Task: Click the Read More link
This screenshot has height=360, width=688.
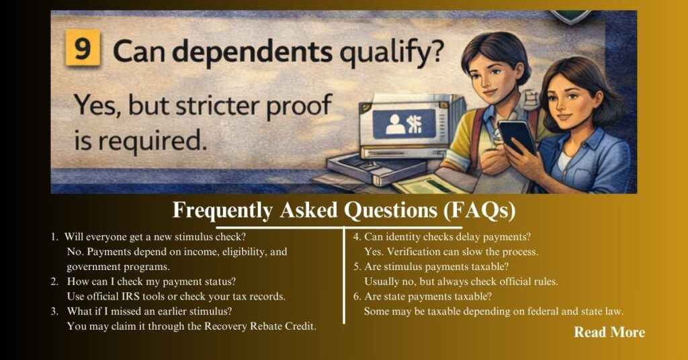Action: pos(609,332)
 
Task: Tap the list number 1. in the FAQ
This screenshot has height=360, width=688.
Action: pos(54,237)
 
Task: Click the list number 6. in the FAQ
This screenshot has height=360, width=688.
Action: pos(357,296)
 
